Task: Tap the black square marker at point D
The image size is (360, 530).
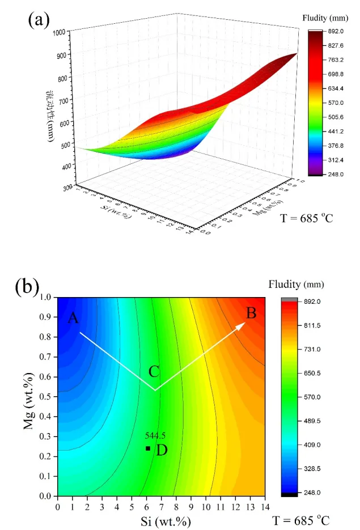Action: pyautogui.click(x=148, y=448)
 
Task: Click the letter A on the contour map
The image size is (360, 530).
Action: pyautogui.click(x=73, y=319)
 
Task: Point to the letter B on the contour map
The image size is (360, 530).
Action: pyautogui.click(x=252, y=313)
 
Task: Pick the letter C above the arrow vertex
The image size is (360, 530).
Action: pyautogui.click(x=154, y=372)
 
